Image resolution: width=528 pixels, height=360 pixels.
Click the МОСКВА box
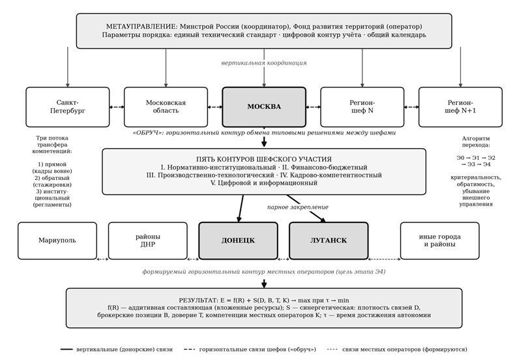click(x=264, y=107)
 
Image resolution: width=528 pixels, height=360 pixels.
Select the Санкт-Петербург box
click(x=68, y=107)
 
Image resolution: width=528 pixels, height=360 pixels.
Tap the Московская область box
click(x=166, y=107)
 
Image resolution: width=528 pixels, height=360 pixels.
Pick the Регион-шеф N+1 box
click(x=460, y=107)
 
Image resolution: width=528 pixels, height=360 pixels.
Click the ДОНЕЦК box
click(x=238, y=241)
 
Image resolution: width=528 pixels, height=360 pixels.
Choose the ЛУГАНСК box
click(x=329, y=241)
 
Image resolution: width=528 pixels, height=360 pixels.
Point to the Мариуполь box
click(x=57, y=241)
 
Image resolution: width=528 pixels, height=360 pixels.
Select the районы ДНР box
click(x=148, y=241)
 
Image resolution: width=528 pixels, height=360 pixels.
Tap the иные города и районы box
click(x=440, y=241)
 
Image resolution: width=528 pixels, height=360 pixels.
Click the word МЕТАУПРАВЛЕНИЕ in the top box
click(x=141, y=27)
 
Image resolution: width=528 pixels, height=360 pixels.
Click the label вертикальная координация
click(x=264, y=63)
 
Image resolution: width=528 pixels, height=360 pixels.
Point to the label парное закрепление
click(x=298, y=207)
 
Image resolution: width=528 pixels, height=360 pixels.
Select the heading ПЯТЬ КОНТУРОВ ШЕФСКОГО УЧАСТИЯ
click(x=264, y=159)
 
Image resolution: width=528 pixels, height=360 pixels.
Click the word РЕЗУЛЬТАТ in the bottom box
click(x=199, y=301)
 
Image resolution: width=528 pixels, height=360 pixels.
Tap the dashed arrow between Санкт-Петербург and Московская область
click(x=117, y=107)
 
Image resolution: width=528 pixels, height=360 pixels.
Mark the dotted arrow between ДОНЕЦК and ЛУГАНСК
click(x=284, y=260)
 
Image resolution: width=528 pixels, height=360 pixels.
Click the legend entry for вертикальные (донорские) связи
click(x=117, y=350)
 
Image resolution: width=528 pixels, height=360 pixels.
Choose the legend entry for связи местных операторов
click(x=397, y=350)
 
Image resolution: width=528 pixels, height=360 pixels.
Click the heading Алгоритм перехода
click(x=476, y=142)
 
